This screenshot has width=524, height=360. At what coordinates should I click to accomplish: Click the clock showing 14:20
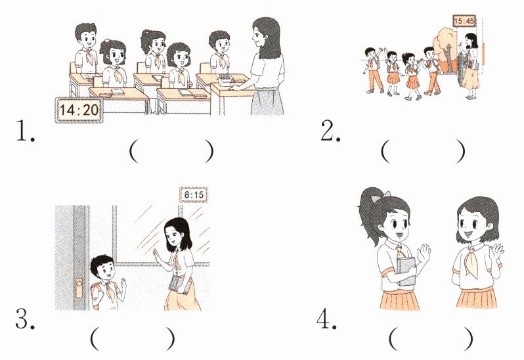click(x=79, y=110)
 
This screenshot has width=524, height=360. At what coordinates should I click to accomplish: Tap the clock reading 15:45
click(x=464, y=22)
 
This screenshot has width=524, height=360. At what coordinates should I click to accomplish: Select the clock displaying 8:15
click(x=194, y=194)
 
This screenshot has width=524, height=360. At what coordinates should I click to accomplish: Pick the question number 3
click(x=25, y=319)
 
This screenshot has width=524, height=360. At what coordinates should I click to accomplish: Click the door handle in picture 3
click(x=79, y=288)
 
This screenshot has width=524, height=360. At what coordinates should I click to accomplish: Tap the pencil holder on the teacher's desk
click(x=225, y=81)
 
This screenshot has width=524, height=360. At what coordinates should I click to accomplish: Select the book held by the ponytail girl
click(x=406, y=271)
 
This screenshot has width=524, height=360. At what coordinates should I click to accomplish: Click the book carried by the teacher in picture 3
click(x=181, y=285)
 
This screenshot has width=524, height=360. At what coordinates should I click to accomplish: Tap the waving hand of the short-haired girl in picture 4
click(x=497, y=251)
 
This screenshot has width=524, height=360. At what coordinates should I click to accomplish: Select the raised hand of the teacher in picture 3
click(x=156, y=256)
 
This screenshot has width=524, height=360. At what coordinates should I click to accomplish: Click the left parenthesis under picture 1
click(x=133, y=151)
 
